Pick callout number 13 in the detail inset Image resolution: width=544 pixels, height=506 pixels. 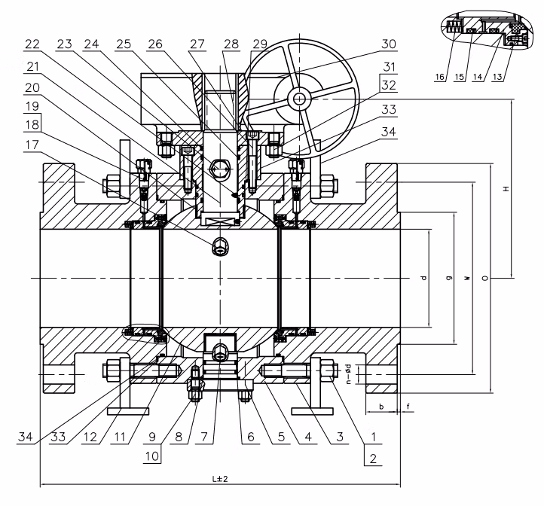(519, 75)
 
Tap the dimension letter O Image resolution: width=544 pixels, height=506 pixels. (484, 278)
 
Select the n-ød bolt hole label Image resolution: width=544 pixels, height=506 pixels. (348, 373)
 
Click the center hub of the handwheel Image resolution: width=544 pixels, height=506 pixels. (301, 99)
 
